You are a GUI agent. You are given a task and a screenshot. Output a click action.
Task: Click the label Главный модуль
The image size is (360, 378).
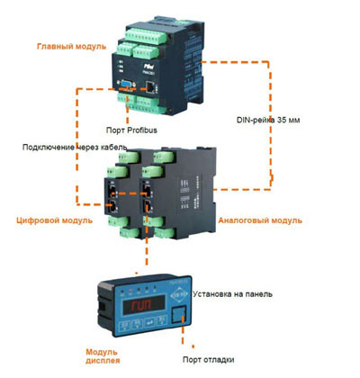[71, 47]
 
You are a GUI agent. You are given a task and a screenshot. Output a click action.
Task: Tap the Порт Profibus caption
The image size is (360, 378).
[131, 130]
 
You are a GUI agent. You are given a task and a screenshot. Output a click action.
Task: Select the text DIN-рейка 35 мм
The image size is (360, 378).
[268, 120]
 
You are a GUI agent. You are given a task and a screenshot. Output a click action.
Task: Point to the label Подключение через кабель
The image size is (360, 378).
[75, 148]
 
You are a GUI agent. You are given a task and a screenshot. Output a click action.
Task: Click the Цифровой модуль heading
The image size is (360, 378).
[54, 220]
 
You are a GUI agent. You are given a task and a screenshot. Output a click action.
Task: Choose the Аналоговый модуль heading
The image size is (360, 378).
[260, 220]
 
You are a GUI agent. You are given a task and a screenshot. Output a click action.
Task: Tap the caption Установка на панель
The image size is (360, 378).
[232, 294]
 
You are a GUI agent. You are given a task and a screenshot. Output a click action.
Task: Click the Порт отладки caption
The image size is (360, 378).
[208, 359]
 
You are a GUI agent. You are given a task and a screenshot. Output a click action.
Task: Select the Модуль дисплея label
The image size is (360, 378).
[103, 356]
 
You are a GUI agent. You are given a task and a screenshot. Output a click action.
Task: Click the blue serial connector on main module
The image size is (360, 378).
[127, 85]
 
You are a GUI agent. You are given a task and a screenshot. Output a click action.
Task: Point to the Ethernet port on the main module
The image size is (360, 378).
[150, 86]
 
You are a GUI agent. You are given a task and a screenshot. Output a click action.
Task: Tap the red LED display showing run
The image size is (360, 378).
[144, 304]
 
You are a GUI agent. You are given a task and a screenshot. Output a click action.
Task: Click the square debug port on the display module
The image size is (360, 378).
[178, 314]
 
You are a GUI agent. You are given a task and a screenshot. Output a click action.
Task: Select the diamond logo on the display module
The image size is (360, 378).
[179, 294]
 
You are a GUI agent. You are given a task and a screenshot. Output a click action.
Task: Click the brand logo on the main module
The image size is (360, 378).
[148, 66]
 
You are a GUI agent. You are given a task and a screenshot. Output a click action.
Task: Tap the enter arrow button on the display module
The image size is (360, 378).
[149, 323]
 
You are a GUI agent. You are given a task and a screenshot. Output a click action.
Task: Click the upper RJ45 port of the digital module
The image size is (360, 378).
[112, 191]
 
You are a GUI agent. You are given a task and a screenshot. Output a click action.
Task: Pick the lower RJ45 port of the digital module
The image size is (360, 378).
[112, 207]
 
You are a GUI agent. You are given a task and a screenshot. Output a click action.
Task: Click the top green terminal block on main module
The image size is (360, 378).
[146, 36]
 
